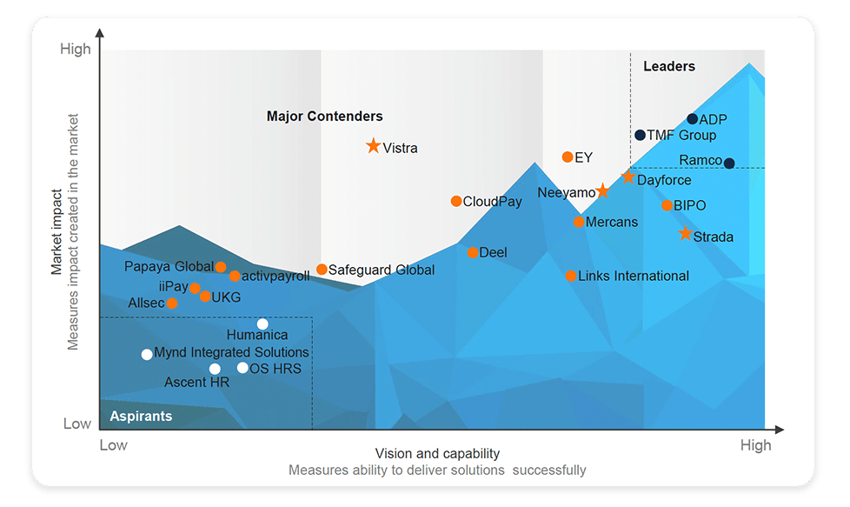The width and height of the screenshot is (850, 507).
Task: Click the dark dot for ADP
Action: tap(692, 119)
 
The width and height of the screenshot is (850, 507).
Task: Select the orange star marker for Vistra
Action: tap(374, 146)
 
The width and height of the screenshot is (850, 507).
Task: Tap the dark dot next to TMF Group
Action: tap(640, 135)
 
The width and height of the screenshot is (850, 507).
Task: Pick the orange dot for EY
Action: tap(568, 157)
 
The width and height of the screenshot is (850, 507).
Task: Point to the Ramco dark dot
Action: tap(729, 163)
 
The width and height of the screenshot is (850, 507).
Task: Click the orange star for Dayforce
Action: tap(628, 177)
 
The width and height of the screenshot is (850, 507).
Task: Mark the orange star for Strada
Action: tap(685, 234)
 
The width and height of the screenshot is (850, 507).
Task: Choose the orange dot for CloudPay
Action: tap(456, 201)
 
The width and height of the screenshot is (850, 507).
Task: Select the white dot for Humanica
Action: tap(262, 324)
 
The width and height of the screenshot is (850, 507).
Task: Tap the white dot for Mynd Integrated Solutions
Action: tap(147, 354)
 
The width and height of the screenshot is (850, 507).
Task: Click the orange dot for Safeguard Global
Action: tap(322, 270)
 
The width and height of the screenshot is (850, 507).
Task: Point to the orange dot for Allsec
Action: tap(172, 304)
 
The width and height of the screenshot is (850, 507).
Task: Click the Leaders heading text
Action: tap(669, 66)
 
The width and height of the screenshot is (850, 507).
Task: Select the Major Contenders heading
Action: tap(324, 117)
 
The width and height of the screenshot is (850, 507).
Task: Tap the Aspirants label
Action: tap(141, 417)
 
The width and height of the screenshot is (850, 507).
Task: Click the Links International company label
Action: tap(633, 277)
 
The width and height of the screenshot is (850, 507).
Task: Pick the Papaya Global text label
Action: tap(169, 267)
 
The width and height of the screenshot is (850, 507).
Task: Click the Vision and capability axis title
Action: tap(437, 454)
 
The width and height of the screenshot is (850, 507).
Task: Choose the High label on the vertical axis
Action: tap(76, 50)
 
